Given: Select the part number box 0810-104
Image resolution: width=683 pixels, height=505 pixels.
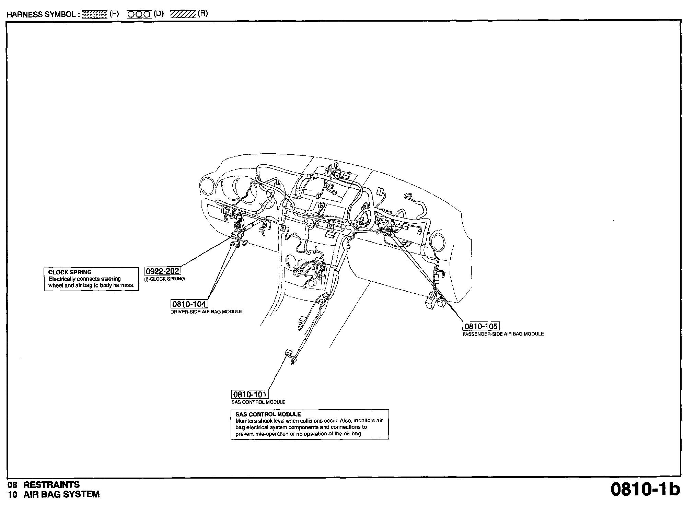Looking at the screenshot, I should click(189, 304).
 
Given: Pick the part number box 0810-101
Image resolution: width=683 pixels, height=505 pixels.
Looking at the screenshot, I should click(250, 395).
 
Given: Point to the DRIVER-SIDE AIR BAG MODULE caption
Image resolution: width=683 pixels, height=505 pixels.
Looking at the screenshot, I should click(206, 312).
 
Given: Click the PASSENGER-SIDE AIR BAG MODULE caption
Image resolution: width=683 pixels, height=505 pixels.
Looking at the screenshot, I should click(503, 334).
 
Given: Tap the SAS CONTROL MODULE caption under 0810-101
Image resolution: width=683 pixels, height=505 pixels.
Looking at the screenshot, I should click(258, 402).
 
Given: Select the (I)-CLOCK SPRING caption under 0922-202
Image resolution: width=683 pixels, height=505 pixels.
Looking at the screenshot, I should click(164, 279).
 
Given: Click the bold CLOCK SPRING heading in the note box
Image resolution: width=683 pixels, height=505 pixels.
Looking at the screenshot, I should click(70, 272).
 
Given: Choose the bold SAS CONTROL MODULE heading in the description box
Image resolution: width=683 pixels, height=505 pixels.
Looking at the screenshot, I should click(268, 414).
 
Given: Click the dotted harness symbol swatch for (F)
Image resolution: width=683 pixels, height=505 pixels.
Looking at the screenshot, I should click(95, 14).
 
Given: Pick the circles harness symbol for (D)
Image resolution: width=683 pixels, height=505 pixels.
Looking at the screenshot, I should click(139, 14).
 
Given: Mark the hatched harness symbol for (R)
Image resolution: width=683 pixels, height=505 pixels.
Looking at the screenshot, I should click(183, 14).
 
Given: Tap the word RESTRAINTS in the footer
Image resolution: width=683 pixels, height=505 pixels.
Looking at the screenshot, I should click(51, 484).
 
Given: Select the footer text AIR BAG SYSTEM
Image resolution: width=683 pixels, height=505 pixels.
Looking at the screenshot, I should click(62, 494).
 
